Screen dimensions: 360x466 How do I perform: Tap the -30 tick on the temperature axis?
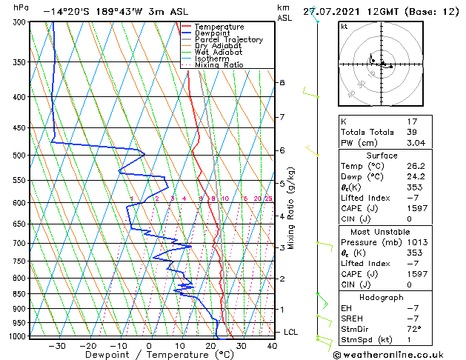(x=57, y=345)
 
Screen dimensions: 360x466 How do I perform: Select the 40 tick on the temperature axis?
(x=272, y=345)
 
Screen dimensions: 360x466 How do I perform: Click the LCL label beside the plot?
(x=290, y=332)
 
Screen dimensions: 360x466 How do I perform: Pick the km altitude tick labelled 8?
(x=282, y=82)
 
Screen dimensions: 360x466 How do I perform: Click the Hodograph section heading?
(x=382, y=297)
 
